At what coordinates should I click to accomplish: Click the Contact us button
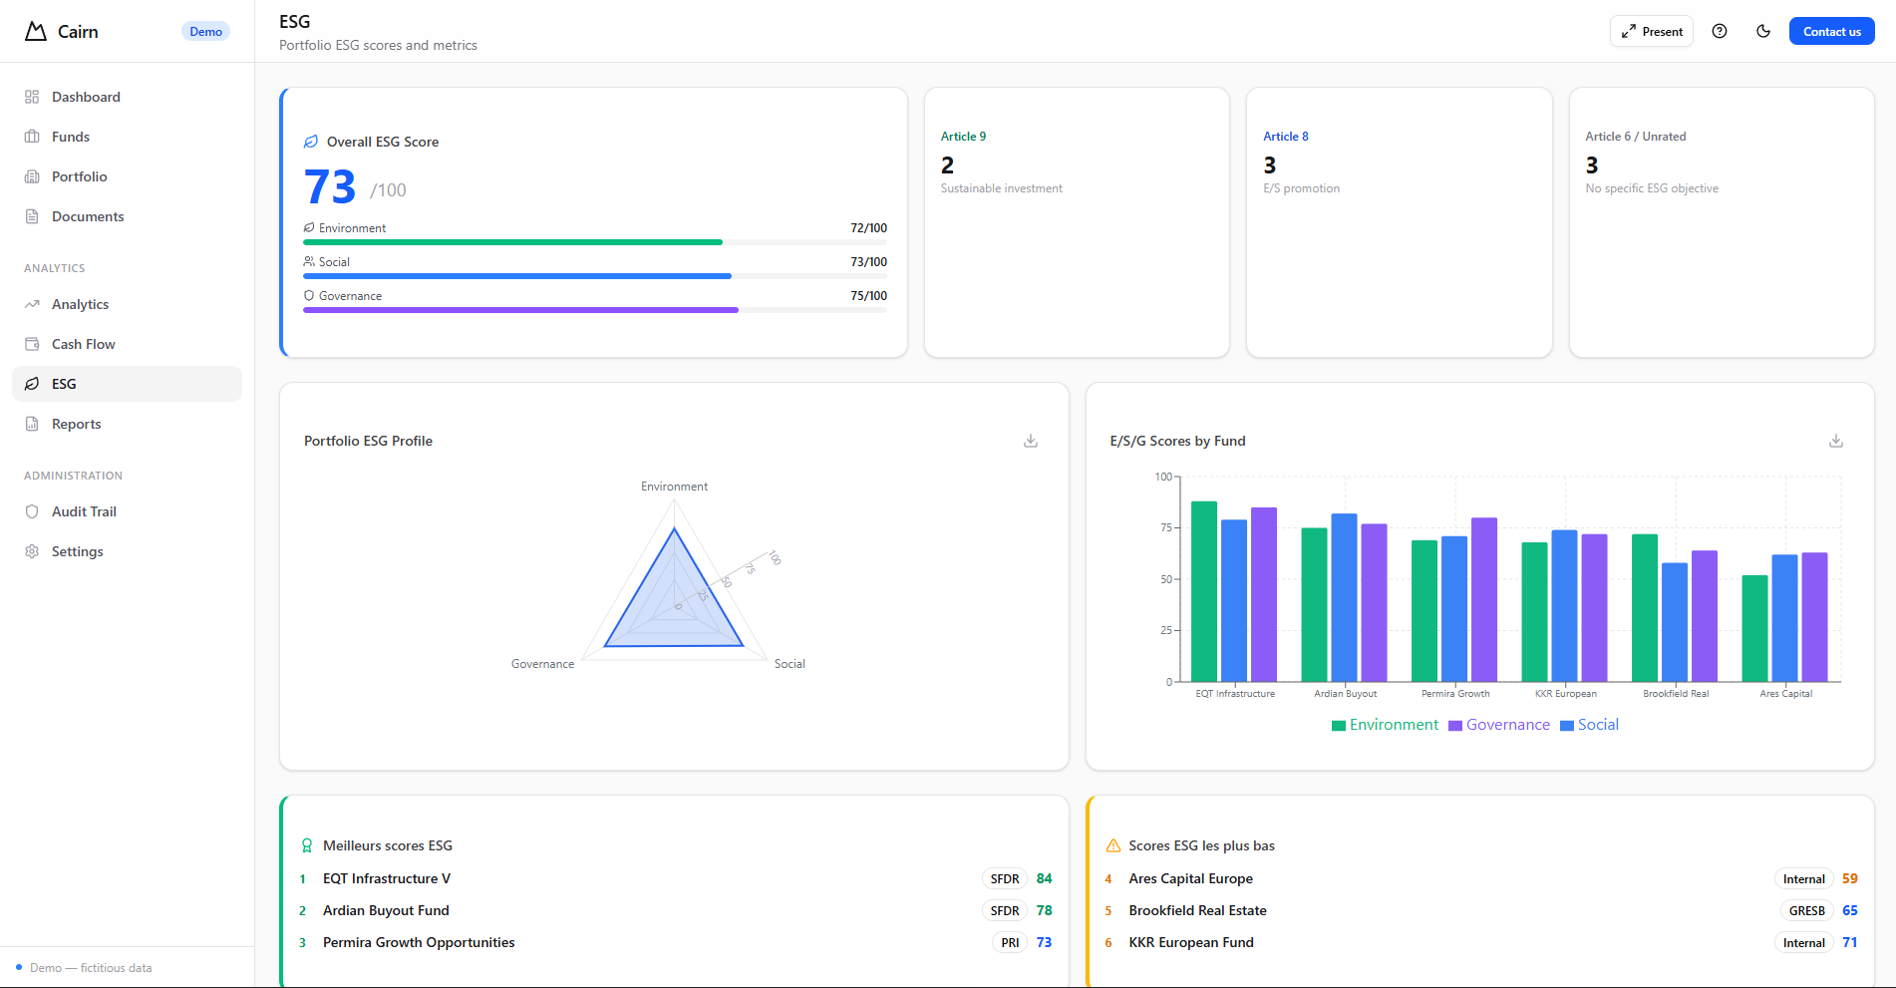1831,32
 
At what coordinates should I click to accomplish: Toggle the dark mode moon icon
1763,32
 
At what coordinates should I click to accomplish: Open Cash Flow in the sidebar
84,344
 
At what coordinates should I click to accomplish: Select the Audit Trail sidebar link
84,511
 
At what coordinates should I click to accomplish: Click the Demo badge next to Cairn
205,32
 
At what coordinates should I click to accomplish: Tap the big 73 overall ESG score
330,187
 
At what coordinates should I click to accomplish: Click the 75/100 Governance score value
868,296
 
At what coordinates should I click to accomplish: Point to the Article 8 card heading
1285,137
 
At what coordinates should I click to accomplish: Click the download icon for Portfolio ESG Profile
1031,441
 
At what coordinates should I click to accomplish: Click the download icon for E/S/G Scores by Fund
1835,441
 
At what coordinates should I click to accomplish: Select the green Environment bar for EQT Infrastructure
1204,592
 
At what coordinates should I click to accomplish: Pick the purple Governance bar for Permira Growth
1483,599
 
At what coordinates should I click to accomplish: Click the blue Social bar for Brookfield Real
1675,622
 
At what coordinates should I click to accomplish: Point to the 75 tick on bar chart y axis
1165,527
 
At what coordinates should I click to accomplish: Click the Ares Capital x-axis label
1785,694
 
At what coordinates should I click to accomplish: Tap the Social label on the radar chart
790,664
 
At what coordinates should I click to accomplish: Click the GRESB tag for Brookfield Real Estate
1806,911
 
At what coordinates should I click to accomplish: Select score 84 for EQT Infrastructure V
1044,879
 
